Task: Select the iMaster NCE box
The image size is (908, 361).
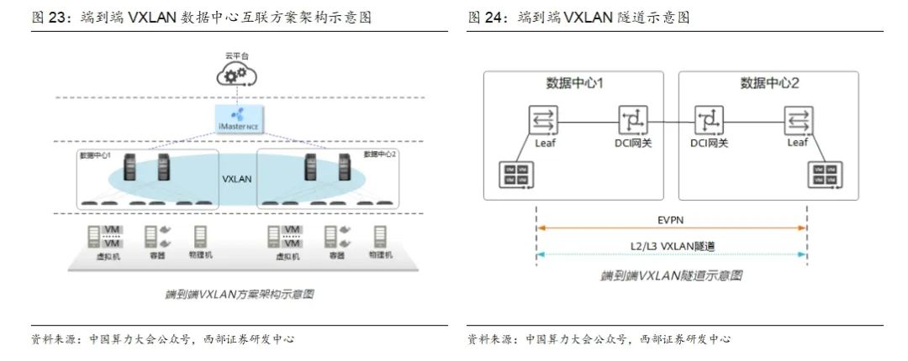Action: point(236,118)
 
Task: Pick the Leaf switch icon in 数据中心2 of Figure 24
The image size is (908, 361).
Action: point(797,121)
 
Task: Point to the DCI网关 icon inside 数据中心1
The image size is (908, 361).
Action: point(632,121)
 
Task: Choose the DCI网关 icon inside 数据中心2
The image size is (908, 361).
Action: point(707,121)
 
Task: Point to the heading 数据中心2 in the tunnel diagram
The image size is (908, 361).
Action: point(768,84)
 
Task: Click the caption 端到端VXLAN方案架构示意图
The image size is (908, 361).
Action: point(239,295)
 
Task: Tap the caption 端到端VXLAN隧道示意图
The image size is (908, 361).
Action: point(671,275)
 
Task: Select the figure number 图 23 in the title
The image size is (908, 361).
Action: point(48,17)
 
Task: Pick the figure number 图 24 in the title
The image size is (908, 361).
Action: point(486,17)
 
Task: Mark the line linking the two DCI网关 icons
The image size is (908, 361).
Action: point(670,122)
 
